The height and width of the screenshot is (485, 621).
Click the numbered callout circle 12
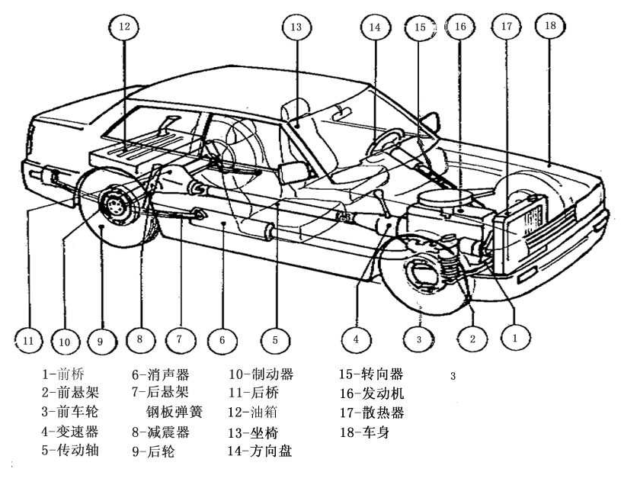click(125, 28)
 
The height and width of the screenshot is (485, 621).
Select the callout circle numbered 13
click(296, 28)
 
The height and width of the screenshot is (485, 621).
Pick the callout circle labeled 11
click(27, 341)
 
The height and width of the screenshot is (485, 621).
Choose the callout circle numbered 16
click(459, 27)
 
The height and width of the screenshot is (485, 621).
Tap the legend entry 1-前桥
click(66, 374)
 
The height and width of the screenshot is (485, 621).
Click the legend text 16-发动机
click(372, 393)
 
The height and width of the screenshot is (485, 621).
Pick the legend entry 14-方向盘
click(261, 451)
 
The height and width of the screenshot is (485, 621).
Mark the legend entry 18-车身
click(365, 432)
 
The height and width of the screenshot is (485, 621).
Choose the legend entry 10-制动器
click(261, 374)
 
